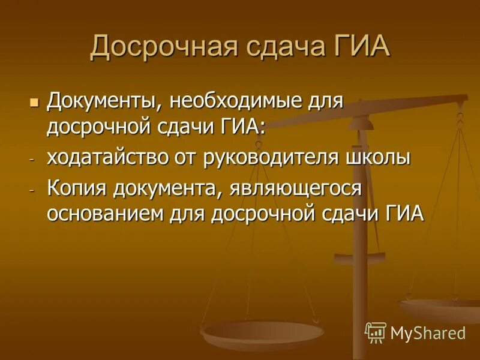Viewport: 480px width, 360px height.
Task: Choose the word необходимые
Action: (x=239, y=100)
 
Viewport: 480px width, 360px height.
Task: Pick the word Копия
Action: (x=77, y=188)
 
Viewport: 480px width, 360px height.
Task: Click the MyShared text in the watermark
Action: (x=428, y=333)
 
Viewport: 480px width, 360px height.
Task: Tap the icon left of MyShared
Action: (x=376, y=332)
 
